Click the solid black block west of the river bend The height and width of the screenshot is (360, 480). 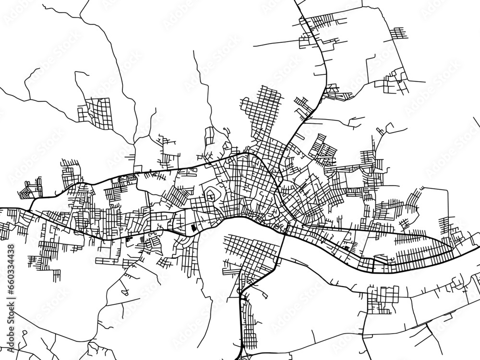click(193, 228)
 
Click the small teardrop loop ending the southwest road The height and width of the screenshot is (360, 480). click(124, 291)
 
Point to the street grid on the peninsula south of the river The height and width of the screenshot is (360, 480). click(250, 252)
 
